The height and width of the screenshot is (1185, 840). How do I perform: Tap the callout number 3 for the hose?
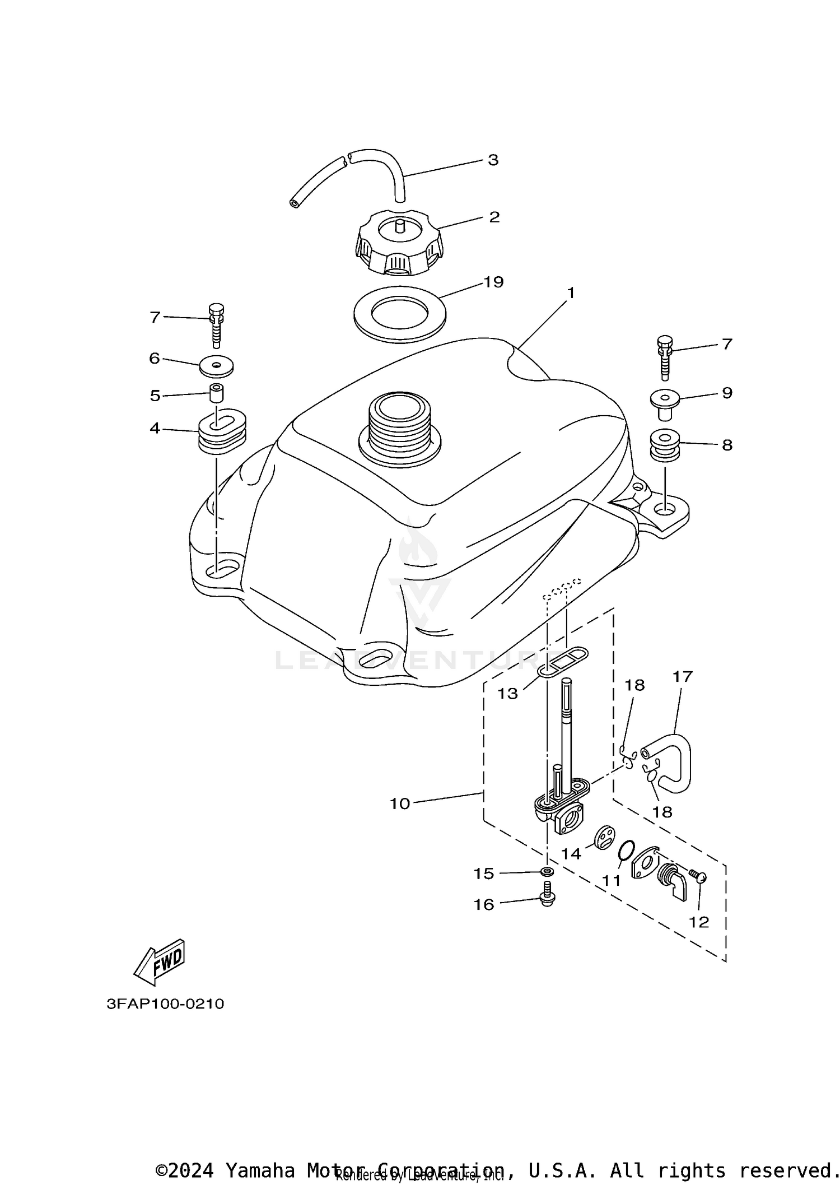tap(493, 160)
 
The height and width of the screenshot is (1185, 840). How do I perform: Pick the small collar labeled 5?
tap(216, 393)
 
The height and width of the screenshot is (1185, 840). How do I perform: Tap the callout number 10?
tap(400, 803)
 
